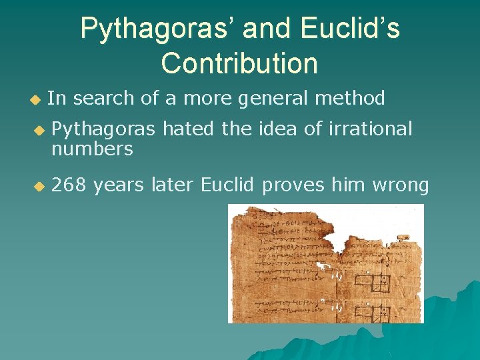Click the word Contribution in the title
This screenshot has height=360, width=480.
pyautogui.click(x=239, y=63)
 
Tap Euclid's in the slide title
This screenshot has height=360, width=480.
pyautogui.click(x=351, y=29)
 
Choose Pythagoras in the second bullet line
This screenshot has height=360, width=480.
pyautogui.click(x=103, y=129)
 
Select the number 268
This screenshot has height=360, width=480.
pyautogui.click(x=69, y=185)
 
